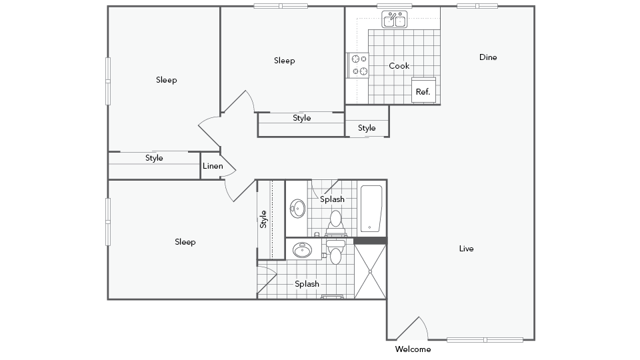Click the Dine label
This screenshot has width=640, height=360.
coord(488,57)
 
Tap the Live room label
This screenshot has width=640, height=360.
coord(466,248)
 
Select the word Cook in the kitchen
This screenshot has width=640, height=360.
coord(399,66)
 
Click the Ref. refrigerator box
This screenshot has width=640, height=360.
coord(423,91)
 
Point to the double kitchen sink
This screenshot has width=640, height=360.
coord(391,20)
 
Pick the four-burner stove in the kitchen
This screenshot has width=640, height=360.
coord(356,65)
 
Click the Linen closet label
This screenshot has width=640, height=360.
coord(212,165)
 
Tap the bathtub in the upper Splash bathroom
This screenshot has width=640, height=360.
coord(371,209)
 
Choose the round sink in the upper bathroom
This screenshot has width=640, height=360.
coord(298,209)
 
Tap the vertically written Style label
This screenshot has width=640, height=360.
coord(264,218)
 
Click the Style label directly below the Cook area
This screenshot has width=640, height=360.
coord(367,128)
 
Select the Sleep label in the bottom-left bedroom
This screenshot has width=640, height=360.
coord(185,241)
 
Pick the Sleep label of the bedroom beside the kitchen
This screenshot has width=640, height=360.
coord(284,60)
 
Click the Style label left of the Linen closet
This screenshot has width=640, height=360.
coord(154,158)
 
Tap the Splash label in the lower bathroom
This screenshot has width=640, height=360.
coord(307,284)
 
